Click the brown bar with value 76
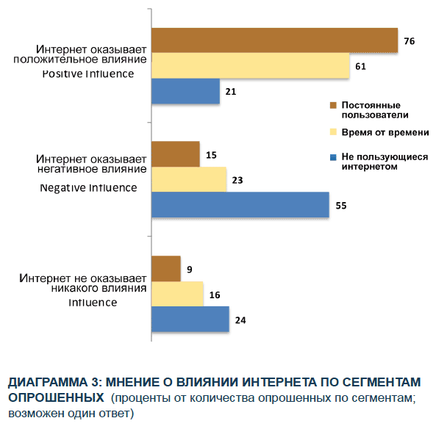click(274, 40)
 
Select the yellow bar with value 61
click(250, 65)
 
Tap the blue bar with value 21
click(186, 91)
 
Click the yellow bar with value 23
click(189, 179)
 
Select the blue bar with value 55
click(240, 205)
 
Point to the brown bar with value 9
click(166, 268)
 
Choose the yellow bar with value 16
click(177, 294)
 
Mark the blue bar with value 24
click(190, 320)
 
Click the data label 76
click(410, 41)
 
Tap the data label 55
click(340, 206)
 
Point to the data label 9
click(190, 269)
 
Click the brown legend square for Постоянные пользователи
click(333, 106)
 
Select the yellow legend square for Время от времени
click(333, 132)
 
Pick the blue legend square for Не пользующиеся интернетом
click(333, 156)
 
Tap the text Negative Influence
click(87, 187)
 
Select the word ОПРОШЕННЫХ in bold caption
click(55, 397)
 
